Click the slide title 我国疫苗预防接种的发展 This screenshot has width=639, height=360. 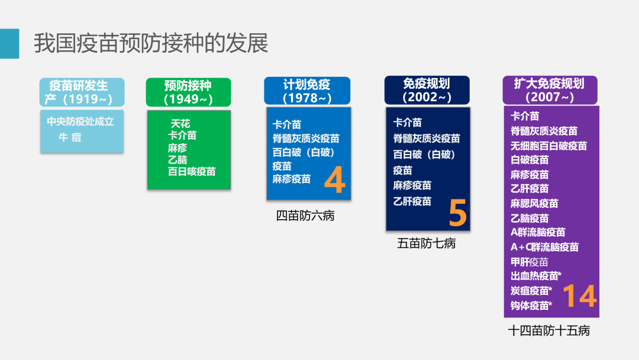[151, 43]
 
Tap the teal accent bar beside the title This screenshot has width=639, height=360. [9, 43]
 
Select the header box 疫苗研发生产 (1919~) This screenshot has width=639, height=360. [82, 92]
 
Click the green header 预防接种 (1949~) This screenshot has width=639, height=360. [188, 92]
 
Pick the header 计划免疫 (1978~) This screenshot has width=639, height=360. [307, 91]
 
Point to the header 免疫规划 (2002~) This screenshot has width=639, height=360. [427, 90]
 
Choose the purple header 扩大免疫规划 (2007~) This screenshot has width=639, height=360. [550, 90]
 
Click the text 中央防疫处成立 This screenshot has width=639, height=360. [80, 122]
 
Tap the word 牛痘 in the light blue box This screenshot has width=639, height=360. [70, 137]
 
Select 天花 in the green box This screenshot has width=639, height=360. [180, 124]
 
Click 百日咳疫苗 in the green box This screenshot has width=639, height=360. [192, 172]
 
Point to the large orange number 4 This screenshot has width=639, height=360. [334, 181]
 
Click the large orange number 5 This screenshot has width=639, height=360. [457, 213]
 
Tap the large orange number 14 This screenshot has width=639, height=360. [579, 296]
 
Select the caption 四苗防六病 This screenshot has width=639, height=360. [305, 216]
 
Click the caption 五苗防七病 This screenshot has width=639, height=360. [427, 243]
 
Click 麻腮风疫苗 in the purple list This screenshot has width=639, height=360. [534, 204]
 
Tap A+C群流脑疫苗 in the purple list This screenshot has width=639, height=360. [544, 247]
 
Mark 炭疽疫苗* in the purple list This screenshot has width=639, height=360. [531, 291]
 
